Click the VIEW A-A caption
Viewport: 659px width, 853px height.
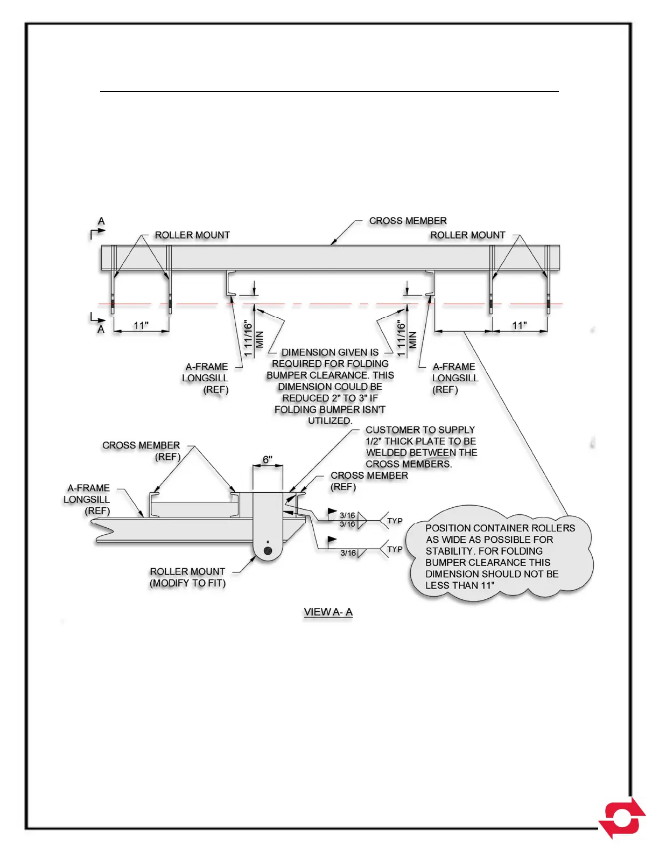point(328,612)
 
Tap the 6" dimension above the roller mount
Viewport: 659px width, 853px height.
point(268,460)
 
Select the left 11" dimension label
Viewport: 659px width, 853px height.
point(141,326)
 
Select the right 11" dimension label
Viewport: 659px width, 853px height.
point(519,326)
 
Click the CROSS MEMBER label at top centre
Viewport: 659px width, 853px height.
point(408,221)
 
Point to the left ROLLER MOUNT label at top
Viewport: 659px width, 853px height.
point(192,235)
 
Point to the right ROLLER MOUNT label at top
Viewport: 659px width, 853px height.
point(467,235)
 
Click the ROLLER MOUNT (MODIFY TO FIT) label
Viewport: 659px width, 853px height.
point(187,577)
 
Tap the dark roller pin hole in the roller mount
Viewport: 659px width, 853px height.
point(268,550)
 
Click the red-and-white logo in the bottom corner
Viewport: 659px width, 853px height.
point(623,817)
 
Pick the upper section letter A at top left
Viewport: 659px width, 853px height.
point(101,221)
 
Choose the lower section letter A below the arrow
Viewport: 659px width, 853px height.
point(101,329)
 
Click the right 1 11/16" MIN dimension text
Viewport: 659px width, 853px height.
point(406,339)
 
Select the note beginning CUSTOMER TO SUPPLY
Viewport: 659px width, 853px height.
point(421,447)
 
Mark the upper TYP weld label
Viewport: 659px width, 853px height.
point(395,521)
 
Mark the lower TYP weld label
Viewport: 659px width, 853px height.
point(395,549)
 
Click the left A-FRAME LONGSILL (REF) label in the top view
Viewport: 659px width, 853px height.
point(206,378)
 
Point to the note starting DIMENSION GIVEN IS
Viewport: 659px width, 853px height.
point(330,386)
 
